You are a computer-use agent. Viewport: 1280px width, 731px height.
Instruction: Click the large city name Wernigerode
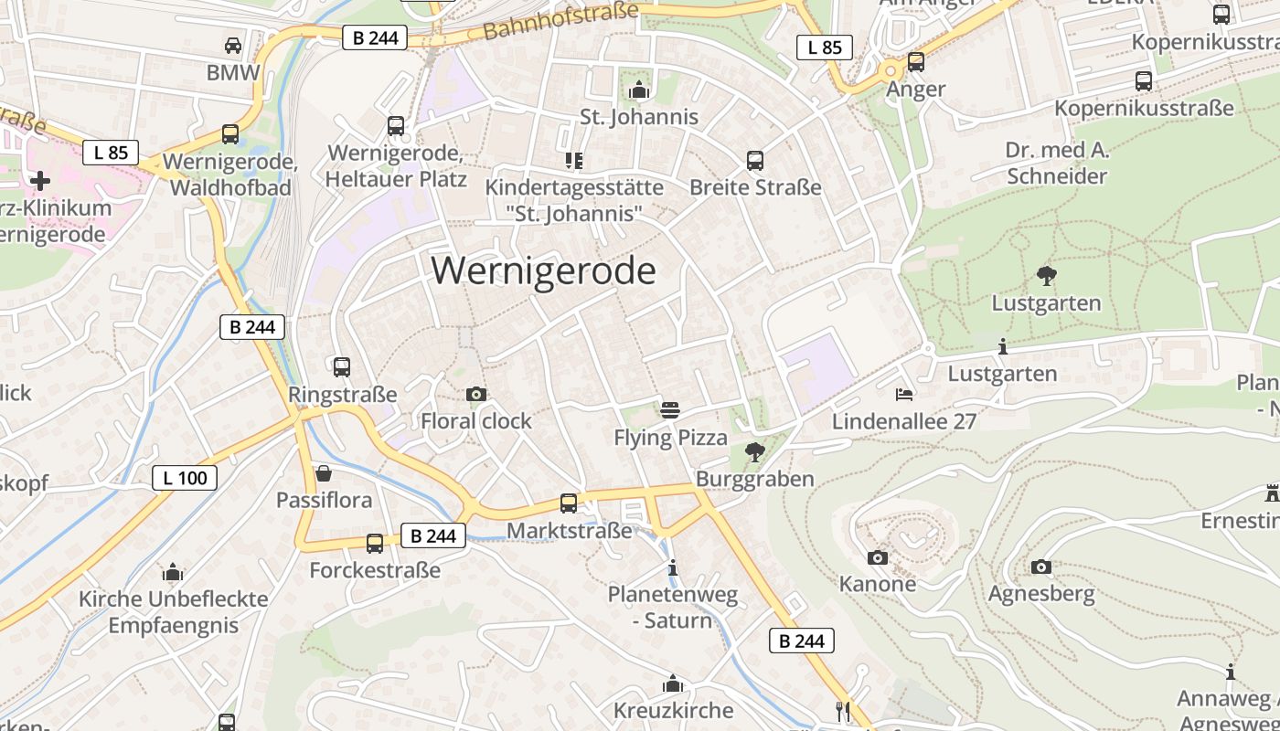tap(543, 271)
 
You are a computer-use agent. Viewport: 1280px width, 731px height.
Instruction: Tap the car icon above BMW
tap(233, 45)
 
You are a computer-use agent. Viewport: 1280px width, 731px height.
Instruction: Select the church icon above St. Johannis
tap(638, 90)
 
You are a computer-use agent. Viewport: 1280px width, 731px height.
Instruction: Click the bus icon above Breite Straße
tap(754, 161)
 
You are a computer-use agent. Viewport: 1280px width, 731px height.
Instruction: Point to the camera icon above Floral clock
tap(475, 394)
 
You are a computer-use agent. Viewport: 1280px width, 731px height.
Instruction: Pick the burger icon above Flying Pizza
tap(670, 410)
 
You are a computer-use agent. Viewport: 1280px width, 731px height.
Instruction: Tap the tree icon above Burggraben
tap(754, 451)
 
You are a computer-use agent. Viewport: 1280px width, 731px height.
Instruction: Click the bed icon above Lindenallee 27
tap(903, 394)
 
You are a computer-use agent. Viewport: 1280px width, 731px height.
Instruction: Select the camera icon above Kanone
tap(877, 556)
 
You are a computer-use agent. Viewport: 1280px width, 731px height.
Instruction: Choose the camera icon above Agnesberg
tap(1040, 567)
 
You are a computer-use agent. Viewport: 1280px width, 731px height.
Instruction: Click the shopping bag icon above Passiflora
tap(323, 473)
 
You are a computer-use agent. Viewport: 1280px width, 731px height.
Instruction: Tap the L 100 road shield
tap(185, 477)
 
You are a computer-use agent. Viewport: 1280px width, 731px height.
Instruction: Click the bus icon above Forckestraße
tap(374, 544)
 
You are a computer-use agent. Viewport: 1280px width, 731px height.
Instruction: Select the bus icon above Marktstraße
tap(568, 503)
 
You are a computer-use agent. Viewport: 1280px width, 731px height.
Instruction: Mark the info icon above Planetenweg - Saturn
tap(673, 567)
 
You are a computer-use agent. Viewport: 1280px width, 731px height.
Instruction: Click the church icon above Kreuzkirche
tap(673, 683)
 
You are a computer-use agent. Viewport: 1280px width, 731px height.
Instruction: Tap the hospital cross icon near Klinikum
tap(40, 180)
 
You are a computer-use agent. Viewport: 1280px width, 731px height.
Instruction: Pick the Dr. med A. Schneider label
tap(1057, 163)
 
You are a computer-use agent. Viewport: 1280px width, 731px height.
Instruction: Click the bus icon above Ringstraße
tap(342, 366)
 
